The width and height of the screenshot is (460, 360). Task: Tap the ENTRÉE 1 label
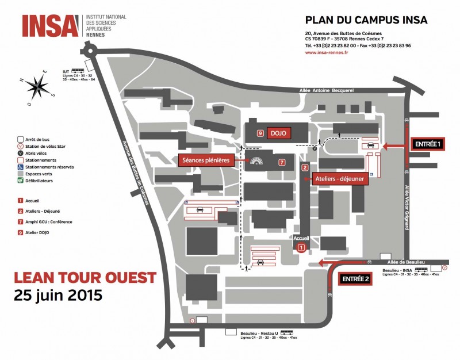(x=427, y=145)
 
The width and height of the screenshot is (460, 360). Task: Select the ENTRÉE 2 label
(x=354, y=279)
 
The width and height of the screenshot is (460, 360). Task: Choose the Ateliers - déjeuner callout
(x=339, y=179)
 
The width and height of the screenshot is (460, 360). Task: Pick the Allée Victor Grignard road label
(x=407, y=207)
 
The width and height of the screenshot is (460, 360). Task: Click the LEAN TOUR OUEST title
(x=85, y=278)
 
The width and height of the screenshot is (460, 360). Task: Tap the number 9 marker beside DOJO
(x=260, y=133)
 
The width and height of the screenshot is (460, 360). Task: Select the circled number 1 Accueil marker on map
(x=301, y=247)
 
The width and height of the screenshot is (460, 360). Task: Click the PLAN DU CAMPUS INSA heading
(x=366, y=20)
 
